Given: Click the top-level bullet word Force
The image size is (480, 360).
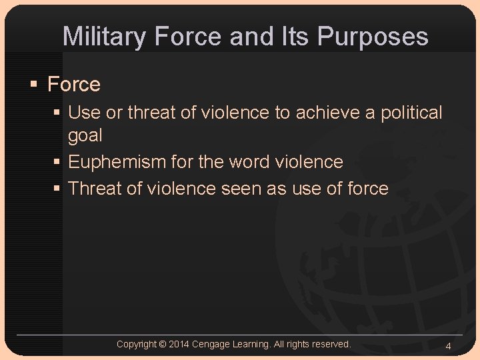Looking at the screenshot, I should pyautogui.click(x=74, y=85).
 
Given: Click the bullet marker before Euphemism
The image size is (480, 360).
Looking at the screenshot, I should pyautogui.click(x=57, y=162).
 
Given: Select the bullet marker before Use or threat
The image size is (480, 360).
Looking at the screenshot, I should pyautogui.click(x=57, y=113).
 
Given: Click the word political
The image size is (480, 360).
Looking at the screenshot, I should pyautogui.click(x=411, y=113).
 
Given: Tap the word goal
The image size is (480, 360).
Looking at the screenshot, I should pyautogui.click(x=85, y=135).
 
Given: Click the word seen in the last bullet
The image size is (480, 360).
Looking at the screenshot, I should pyautogui.click(x=239, y=189).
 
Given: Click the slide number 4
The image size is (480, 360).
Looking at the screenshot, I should pyautogui.click(x=448, y=346).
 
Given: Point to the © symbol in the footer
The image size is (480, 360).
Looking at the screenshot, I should pyautogui.click(x=163, y=344).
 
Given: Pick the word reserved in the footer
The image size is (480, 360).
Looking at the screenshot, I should pyautogui.click(x=330, y=344).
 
